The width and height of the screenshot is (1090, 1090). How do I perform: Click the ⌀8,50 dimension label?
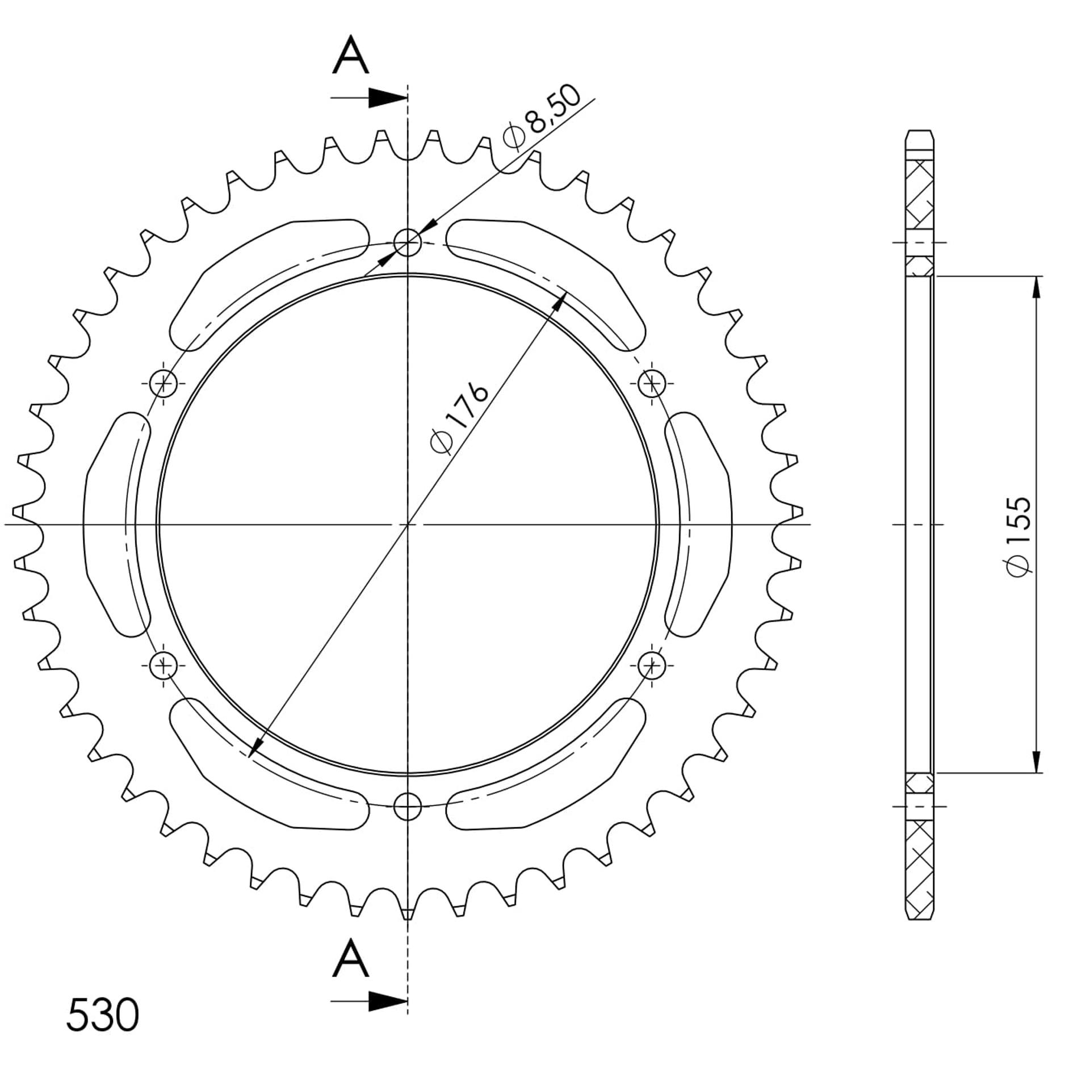[x=542, y=118]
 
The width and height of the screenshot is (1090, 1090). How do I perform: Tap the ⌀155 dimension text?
[x=1017, y=536]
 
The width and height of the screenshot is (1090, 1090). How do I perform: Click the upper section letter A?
[x=351, y=55]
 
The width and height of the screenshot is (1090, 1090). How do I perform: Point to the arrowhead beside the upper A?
[x=388, y=98]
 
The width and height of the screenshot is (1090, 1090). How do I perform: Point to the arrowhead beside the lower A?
[x=388, y=1001]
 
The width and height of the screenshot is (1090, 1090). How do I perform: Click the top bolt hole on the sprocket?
[x=408, y=242]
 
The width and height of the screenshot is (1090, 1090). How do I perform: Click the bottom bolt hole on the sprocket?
[x=408, y=806]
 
